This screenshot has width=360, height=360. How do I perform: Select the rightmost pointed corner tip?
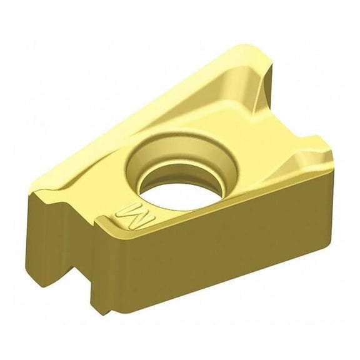pyautogui.click(x=326, y=164)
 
